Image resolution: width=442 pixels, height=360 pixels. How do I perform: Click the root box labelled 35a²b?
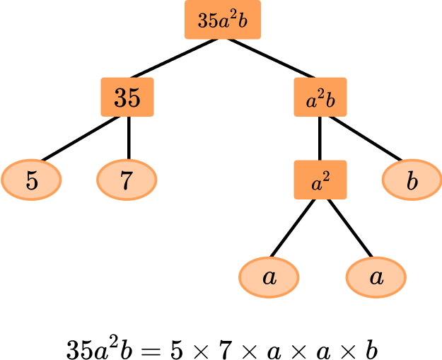pyautogui.click(x=223, y=21)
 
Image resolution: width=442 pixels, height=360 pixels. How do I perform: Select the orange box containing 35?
pyautogui.click(x=127, y=98)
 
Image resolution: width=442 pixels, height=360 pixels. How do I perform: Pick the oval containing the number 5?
pyautogui.click(x=32, y=180)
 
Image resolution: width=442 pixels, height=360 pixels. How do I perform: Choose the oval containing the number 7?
pyautogui.click(x=127, y=180)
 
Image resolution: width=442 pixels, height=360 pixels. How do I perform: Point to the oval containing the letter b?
pyautogui.click(x=412, y=180)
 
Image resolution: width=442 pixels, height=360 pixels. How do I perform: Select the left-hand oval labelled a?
pyautogui.click(x=269, y=277)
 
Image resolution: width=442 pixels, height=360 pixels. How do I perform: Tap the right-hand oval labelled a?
pyautogui.click(x=376, y=277)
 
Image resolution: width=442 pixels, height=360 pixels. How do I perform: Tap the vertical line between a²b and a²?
pyautogui.click(x=320, y=139)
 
